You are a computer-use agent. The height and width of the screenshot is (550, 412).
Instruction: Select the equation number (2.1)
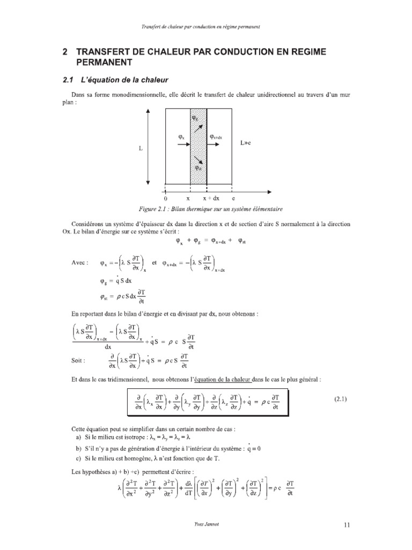[339, 399]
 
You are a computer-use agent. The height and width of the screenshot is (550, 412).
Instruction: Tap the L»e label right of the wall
[246, 144]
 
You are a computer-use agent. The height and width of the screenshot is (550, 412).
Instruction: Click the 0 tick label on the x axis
[165, 198]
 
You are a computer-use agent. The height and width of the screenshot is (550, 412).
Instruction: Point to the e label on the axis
[233, 198]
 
